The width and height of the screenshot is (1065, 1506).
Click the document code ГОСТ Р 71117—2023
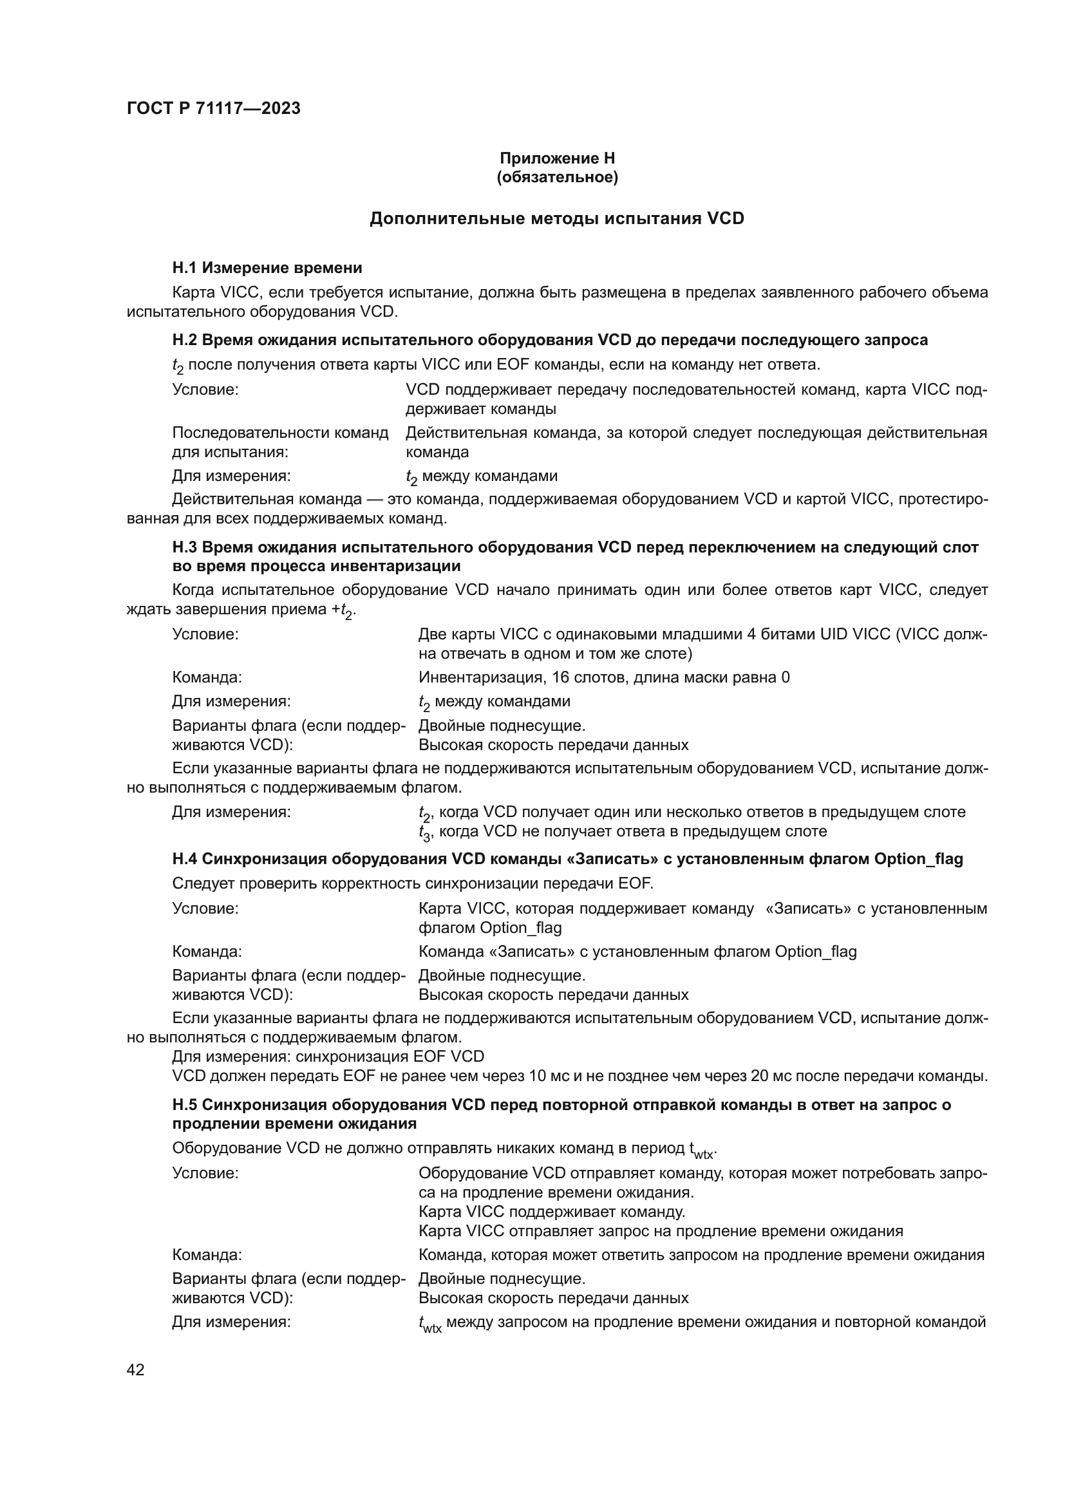click(213, 108)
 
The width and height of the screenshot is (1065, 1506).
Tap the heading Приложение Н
click(557, 158)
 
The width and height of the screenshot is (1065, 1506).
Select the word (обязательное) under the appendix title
click(557, 177)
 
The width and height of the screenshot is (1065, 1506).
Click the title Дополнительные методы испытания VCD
click(557, 218)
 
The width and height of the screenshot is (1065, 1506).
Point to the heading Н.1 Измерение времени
click(267, 268)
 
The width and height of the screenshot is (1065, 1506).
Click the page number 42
click(135, 1370)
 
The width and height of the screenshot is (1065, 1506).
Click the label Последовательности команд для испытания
click(280, 442)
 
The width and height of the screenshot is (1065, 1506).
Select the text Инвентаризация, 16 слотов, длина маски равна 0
click(603, 677)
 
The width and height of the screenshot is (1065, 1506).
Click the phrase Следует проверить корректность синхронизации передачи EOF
click(413, 883)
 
